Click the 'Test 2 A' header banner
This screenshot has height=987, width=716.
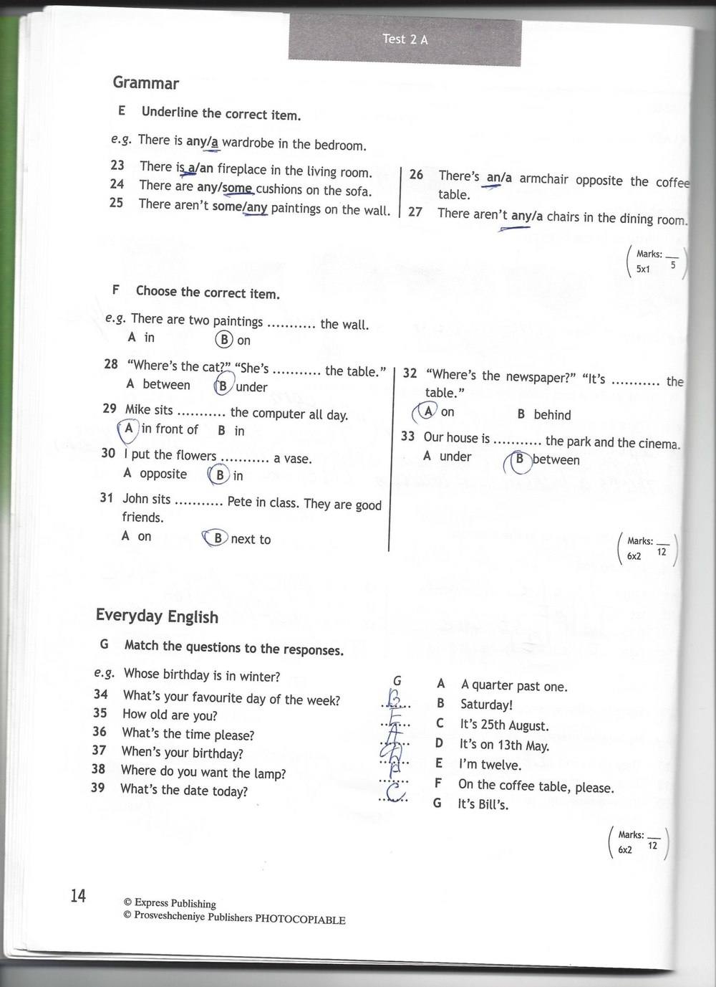(405, 40)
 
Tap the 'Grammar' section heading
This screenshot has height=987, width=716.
(145, 83)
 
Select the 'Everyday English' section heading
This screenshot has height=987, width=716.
(157, 616)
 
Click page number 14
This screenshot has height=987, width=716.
(77, 895)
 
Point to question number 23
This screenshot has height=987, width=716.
(117, 166)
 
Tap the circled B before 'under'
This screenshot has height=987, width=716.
(223, 386)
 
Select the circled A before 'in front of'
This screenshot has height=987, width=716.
(128, 429)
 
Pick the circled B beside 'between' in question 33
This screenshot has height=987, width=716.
(519, 459)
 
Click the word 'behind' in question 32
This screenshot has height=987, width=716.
(552, 415)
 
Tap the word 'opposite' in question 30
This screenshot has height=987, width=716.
(163, 474)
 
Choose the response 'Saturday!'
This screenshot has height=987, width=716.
(486, 705)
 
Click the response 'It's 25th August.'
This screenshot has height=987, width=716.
(504, 725)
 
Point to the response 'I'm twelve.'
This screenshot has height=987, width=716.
(490, 765)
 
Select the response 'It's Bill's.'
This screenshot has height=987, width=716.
(483, 805)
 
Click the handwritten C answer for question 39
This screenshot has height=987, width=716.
(394, 792)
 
